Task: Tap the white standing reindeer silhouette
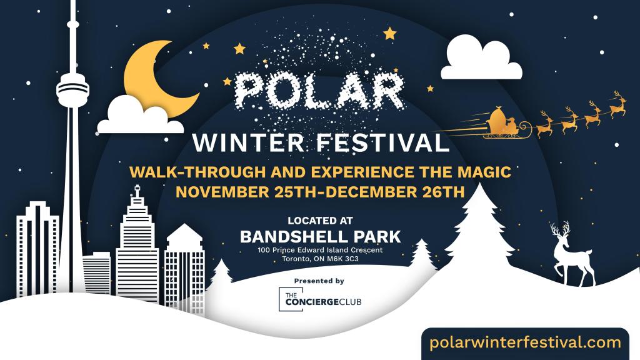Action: coord(571,254)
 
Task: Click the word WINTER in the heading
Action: coord(248,143)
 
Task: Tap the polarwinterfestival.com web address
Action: coord(525,342)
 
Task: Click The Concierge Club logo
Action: coord(320,299)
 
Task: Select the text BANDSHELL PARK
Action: coord(321,237)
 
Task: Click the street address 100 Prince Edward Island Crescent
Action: coord(321,250)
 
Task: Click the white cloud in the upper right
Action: coord(481,57)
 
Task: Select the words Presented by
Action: coord(319,281)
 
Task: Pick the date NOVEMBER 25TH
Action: coord(246,192)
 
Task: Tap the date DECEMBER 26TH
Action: coord(394,192)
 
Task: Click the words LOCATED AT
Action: coord(321,221)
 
